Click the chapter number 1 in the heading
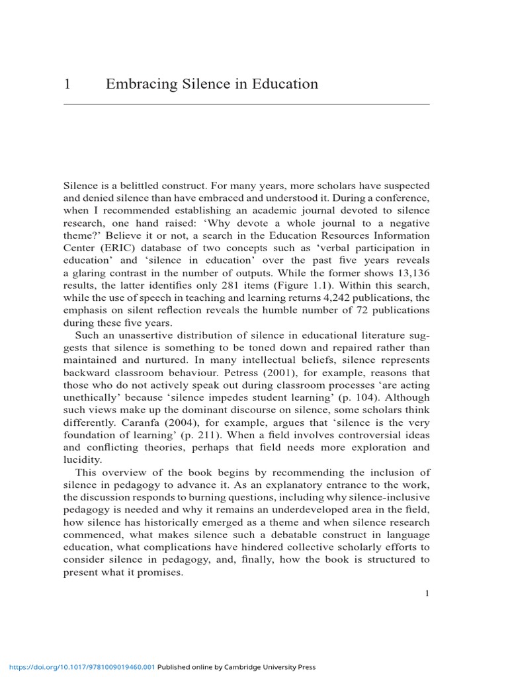click(x=67, y=84)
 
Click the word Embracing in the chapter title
click(x=136, y=85)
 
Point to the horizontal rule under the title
click(x=246, y=104)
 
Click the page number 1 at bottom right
click(x=427, y=593)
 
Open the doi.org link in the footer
click(x=78, y=667)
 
